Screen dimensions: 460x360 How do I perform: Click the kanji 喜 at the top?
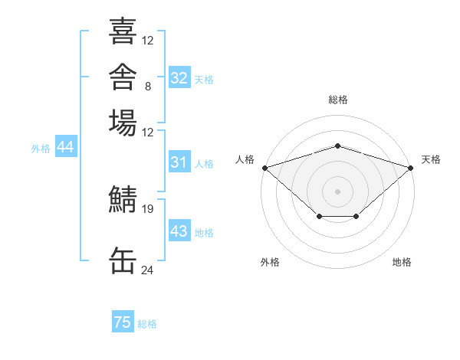pos(123,31)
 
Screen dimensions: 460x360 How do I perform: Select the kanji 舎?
pos(123,77)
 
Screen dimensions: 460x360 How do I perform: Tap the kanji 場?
pos(123,123)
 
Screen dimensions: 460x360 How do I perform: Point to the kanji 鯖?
pos(123,198)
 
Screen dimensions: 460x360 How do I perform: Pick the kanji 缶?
pos(123,260)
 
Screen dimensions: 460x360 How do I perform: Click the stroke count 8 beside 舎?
pos(148,87)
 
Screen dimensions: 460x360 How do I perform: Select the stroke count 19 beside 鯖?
pos(147,209)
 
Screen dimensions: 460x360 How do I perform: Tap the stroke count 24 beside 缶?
pos(147,270)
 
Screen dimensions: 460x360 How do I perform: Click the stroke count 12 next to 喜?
pos(147,40)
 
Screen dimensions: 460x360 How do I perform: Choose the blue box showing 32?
pos(179,77)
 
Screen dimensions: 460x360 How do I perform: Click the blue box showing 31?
pos(179,162)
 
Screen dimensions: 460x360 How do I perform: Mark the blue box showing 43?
pos(179,230)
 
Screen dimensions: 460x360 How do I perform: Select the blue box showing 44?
pos(66,146)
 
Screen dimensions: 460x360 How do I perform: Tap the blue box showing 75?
pos(123,321)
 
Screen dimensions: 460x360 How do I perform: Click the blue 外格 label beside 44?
pos(41,149)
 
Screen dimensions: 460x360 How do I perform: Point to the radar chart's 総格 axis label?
pos(338,100)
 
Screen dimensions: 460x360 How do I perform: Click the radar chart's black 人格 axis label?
pos(245,159)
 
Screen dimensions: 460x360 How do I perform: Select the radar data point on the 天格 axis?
pos(411,168)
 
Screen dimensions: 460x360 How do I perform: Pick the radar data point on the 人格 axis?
pos(265,168)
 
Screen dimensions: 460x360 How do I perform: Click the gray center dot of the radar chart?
pos(337,191)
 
